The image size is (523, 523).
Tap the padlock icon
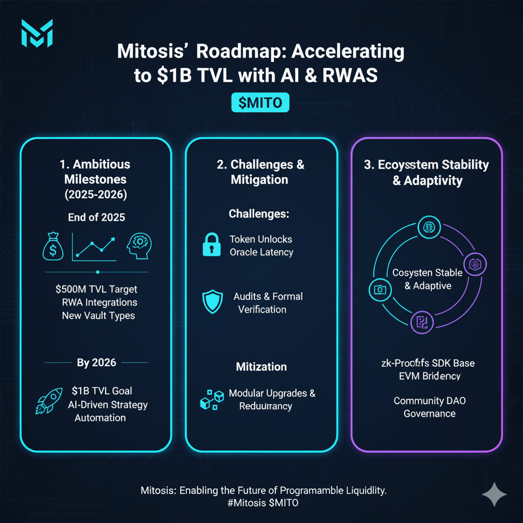pos(210,245)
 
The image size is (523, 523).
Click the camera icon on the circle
pos(379,290)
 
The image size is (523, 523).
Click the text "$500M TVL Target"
pos(96,289)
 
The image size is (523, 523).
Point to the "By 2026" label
pos(97,363)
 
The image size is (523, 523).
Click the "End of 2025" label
pos(97,217)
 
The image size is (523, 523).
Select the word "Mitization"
pos(261,367)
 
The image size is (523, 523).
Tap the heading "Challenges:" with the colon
pos(259,213)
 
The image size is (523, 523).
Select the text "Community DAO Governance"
pos(430,407)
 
